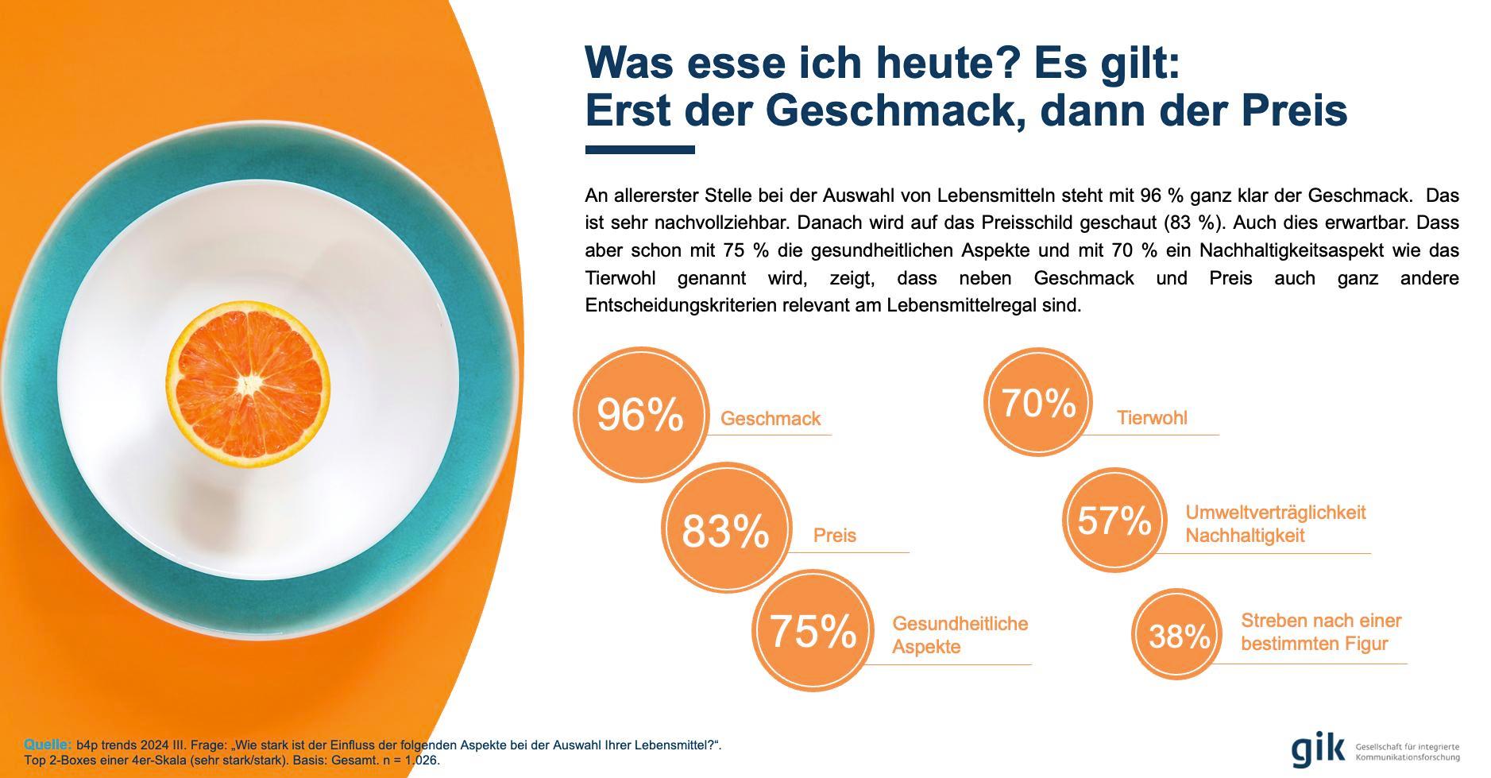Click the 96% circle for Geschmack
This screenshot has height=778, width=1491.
click(x=639, y=414)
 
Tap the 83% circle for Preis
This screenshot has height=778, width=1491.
click(x=726, y=530)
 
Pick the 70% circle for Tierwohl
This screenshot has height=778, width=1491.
click(x=1038, y=402)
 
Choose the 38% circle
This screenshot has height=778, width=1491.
click(x=1179, y=635)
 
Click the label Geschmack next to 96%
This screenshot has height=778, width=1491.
click(x=770, y=419)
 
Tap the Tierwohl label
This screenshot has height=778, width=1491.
click(x=1151, y=418)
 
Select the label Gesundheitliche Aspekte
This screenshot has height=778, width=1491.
click(x=960, y=635)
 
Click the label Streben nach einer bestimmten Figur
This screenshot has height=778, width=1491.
click(x=1320, y=632)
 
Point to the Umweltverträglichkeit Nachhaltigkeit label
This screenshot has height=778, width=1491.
click(x=1275, y=524)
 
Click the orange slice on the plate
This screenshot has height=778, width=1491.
click(x=248, y=384)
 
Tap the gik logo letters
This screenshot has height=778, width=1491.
click(x=1318, y=749)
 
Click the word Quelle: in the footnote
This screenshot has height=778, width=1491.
click(x=48, y=745)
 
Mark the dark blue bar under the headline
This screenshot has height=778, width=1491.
click(x=639, y=149)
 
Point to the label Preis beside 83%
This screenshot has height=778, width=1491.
click(x=834, y=536)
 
